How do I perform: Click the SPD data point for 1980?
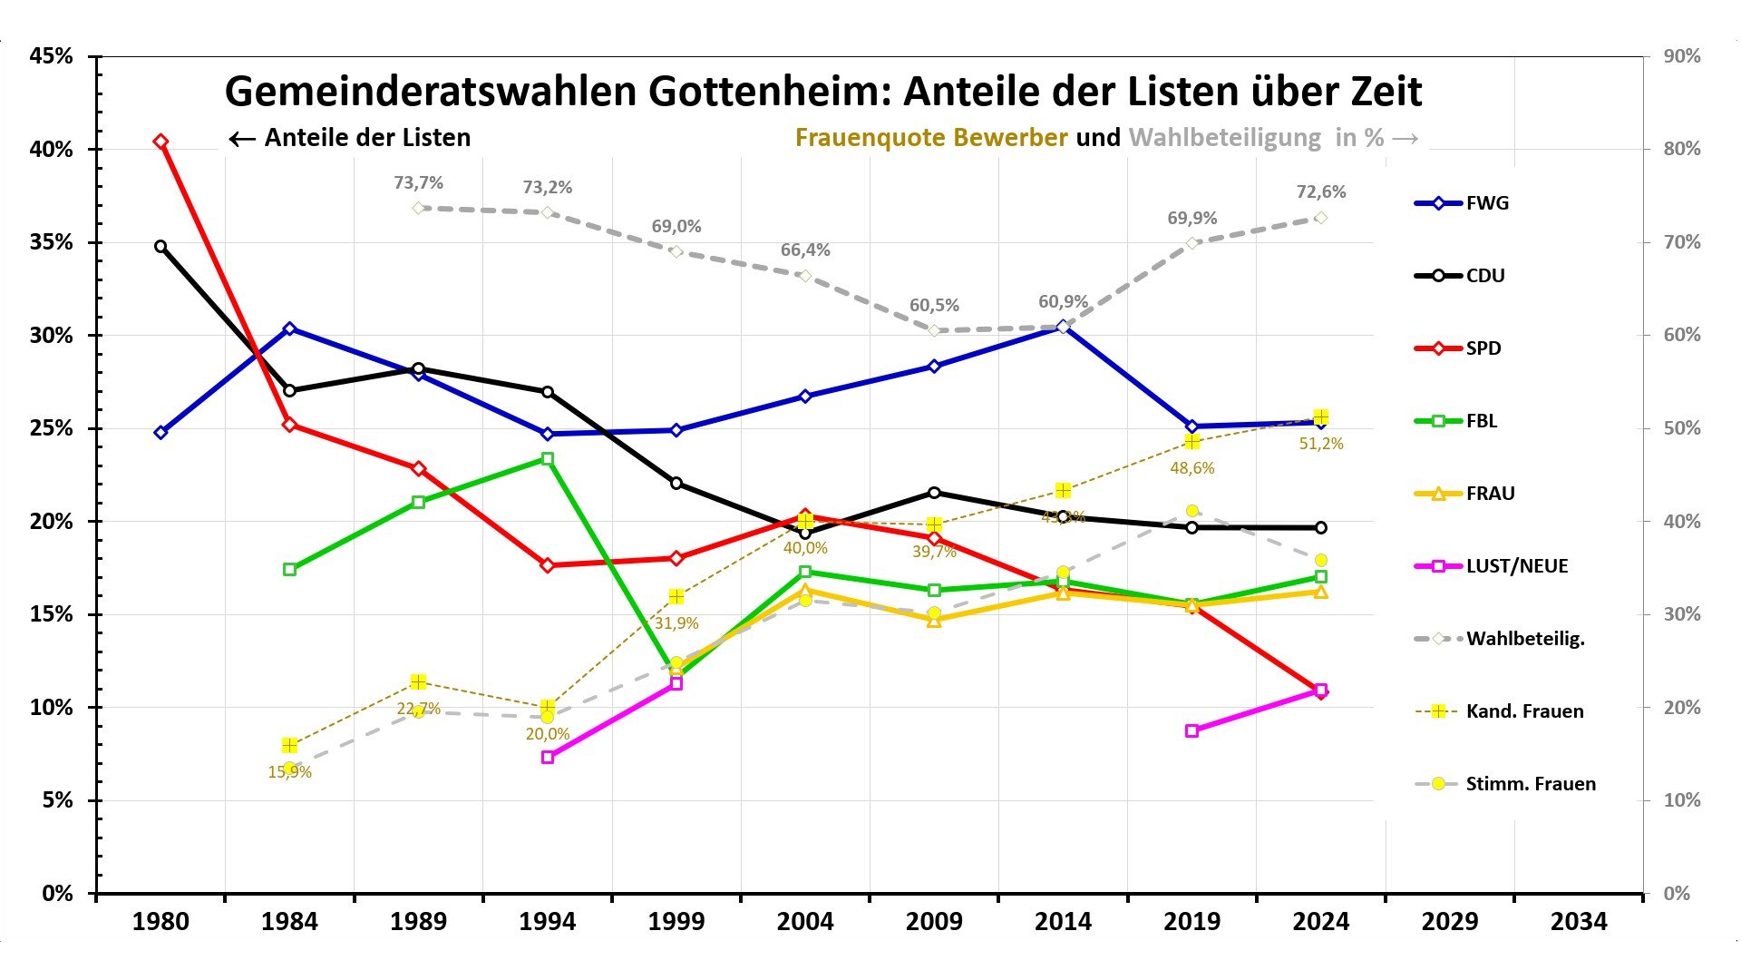[x=160, y=142]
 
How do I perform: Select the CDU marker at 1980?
[x=160, y=246]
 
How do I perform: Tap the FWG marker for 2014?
[x=1063, y=327]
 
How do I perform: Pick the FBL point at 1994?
[x=548, y=459]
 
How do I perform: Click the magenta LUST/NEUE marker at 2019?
[x=1192, y=730]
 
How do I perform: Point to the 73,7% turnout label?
[x=418, y=183]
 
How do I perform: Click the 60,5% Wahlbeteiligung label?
[x=934, y=306]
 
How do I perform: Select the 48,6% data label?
[x=1192, y=468]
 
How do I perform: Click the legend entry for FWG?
[x=1487, y=203]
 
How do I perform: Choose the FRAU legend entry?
[x=1490, y=494]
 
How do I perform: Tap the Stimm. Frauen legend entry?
[x=1530, y=784]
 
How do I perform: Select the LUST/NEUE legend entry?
[x=1516, y=566]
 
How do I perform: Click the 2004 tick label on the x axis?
[x=805, y=922]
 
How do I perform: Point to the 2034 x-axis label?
[x=1579, y=922]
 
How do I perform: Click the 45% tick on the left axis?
[x=51, y=56]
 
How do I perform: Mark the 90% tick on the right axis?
[x=1682, y=56]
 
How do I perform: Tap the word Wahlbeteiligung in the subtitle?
[x=1224, y=138]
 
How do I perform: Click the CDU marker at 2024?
[x=1321, y=527]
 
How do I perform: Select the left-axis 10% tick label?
[x=51, y=708]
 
